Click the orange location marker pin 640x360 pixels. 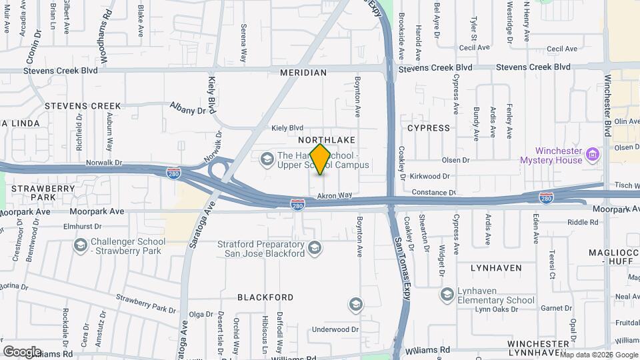tap(321, 159)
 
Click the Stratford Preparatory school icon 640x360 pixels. tap(315, 249)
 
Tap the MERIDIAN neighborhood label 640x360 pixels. tap(303, 73)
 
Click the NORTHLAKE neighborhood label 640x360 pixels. tap(327, 140)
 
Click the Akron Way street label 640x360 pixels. tap(334, 195)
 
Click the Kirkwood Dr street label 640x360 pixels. tap(431, 176)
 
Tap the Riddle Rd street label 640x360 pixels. tap(583, 222)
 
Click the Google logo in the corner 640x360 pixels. tap(22, 351)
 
